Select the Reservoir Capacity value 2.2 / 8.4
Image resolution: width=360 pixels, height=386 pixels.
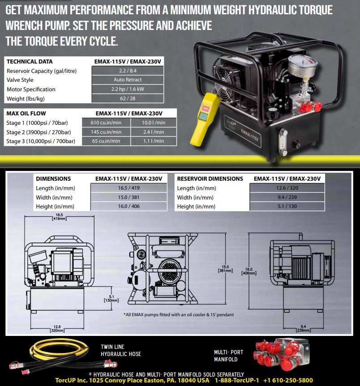click(128, 71)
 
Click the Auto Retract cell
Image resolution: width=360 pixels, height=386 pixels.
click(128, 80)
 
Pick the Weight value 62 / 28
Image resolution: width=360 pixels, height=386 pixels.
click(128, 98)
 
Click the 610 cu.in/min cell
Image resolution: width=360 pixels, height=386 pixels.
click(107, 123)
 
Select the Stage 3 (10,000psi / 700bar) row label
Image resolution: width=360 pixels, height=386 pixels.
click(41, 141)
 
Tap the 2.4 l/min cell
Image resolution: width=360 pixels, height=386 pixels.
click(154, 132)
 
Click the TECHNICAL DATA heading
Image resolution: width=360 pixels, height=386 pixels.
click(30, 62)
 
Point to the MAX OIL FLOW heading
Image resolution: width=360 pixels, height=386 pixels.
click(26, 114)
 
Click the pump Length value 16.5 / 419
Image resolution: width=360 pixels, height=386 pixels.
click(129, 188)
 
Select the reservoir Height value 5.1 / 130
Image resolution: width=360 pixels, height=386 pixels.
click(287, 207)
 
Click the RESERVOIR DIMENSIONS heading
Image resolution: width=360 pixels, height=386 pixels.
click(210, 179)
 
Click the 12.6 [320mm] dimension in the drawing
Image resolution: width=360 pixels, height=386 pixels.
click(56, 329)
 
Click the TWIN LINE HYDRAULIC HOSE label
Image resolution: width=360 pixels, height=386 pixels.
click(121, 350)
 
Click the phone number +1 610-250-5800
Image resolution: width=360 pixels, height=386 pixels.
click(288, 380)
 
